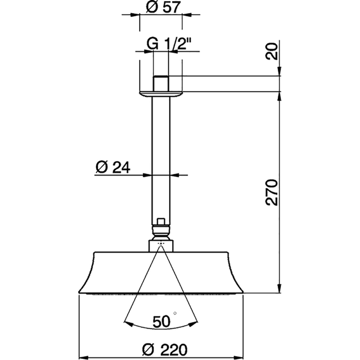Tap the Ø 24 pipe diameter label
113,167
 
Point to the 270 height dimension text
273,192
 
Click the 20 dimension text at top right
273,52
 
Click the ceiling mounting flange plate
161,94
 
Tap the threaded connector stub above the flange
161,82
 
